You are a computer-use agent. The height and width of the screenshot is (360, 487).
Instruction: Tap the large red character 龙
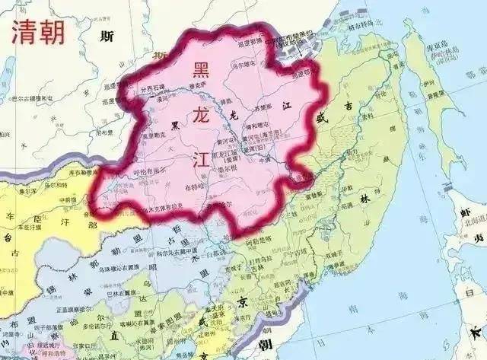pos(203,115)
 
